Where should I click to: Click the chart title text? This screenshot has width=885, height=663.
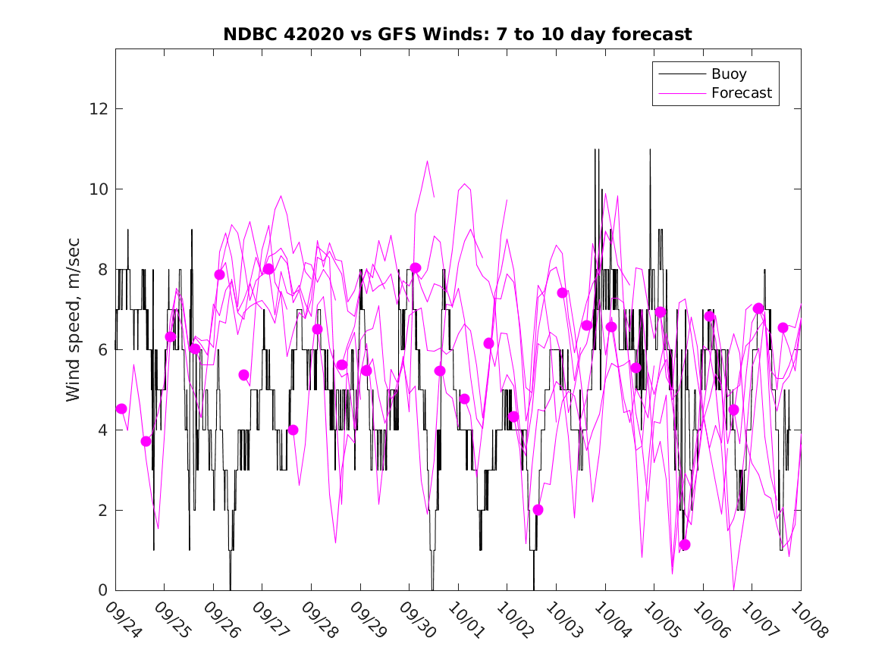[x=457, y=35]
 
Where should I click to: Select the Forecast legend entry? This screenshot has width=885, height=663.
[x=741, y=93]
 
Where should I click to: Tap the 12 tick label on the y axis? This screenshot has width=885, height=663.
[x=98, y=109]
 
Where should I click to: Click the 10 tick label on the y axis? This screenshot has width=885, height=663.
[x=98, y=189]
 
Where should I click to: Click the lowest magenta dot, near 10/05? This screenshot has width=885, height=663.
[x=685, y=545]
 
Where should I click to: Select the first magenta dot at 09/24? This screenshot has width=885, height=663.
[x=121, y=408]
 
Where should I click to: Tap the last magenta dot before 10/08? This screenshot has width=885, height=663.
[x=783, y=327]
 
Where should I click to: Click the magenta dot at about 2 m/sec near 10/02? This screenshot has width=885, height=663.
[x=538, y=509]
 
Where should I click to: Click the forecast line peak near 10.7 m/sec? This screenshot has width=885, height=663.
[x=428, y=161]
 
